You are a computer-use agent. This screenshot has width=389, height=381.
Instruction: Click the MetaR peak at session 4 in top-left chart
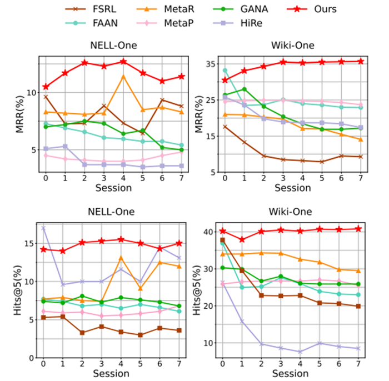[x=123, y=76]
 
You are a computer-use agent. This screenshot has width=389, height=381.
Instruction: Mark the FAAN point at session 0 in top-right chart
[x=225, y=71]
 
